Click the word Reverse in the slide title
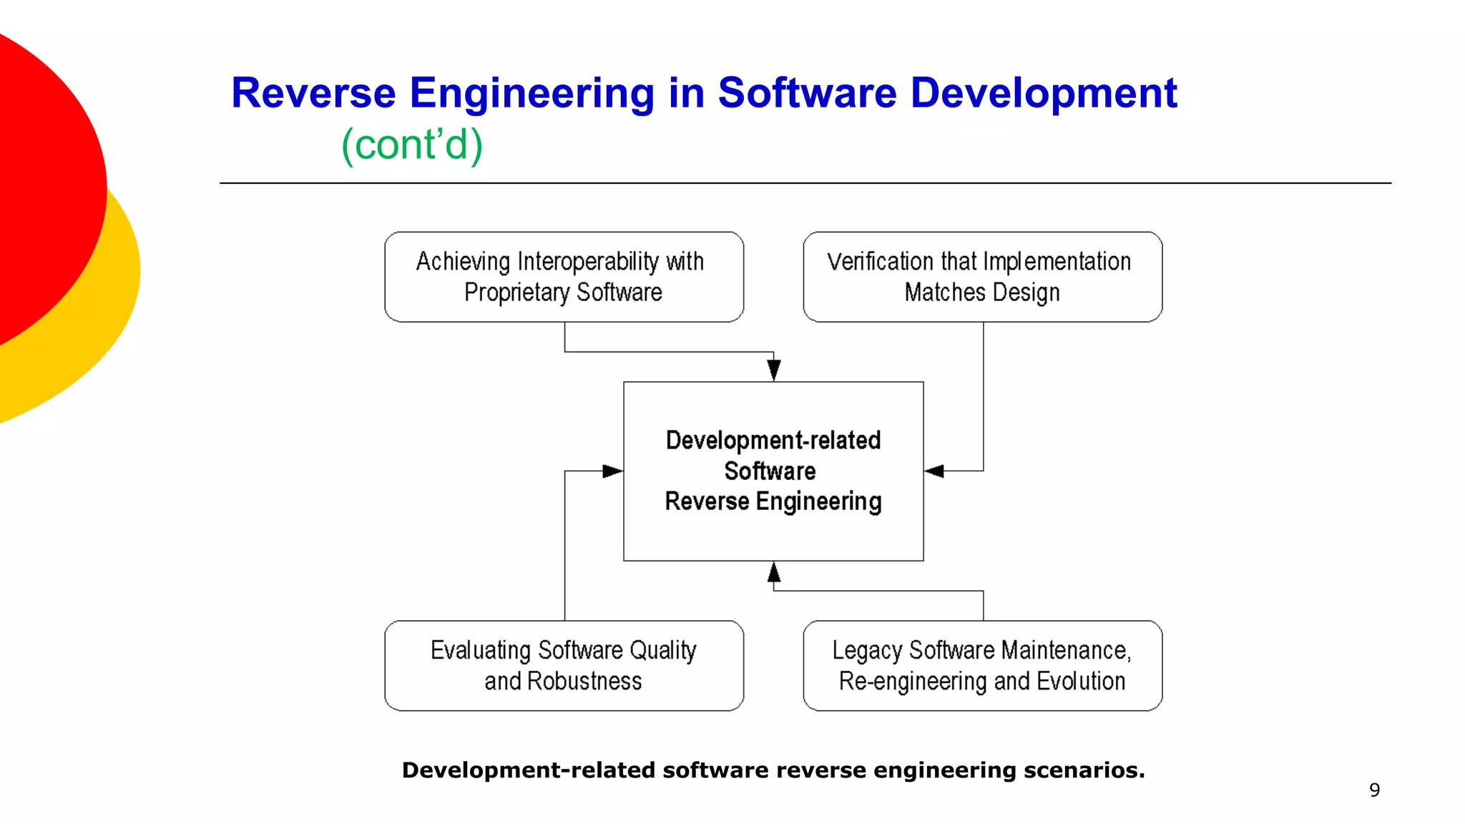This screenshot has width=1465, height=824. pyautogui.click(x=313, y=93)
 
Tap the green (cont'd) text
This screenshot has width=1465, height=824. pyautogui.click(x=412, y=144)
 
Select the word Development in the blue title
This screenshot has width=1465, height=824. pyautogui.click(x=1043, y=93)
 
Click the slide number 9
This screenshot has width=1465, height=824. pyautogui.click(x=1374, y=790)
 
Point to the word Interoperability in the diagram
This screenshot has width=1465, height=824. pyautogui.click(x=587, y=262)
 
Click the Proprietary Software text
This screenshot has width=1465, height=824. pyautogui.click(x=563, y=293)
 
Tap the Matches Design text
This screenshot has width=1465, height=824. pyautogui.click(x=982, y=293)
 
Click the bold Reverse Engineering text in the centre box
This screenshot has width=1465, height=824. pyautogui.click(x=773, y=501)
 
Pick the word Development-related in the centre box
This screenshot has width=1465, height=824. pyautogui.click(x=773, y=441)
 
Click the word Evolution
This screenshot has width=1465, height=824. pyautogui.click(x=1081, y=681)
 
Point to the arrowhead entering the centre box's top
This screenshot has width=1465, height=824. pyautogui.click(x=773, y=371)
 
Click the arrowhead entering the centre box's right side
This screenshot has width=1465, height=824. pyautogui.click(x=934, y=471)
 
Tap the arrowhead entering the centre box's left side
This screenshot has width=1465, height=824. pyautogui.click(x=612, y=471)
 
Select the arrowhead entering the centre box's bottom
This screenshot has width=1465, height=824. pyautogui.click(x=773, y=572)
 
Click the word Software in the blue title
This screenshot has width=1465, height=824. pyautogui.click(x=806, y=93)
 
